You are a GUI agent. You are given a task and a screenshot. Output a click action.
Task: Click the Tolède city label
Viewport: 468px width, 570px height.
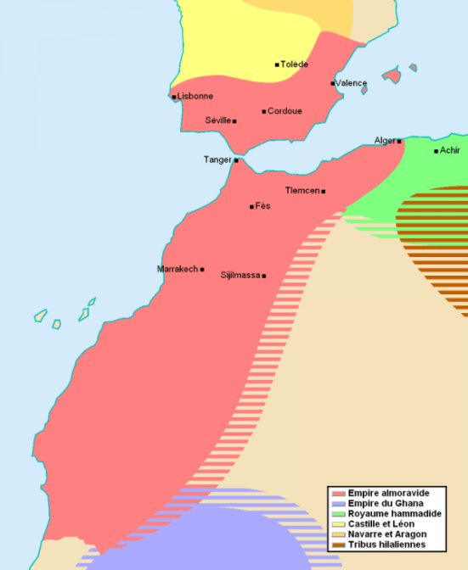coord(294,64)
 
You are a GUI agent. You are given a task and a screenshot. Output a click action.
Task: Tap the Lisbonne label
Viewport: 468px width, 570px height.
coord(195,97)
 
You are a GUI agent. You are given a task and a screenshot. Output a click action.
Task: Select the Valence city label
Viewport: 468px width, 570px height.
coord(351,83)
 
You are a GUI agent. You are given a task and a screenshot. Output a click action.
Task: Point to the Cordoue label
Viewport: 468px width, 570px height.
coord(285,111)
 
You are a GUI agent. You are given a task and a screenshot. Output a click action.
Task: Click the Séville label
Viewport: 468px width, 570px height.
coord(217,120)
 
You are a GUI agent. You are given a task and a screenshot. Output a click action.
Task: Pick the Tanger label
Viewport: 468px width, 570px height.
coord(217,159)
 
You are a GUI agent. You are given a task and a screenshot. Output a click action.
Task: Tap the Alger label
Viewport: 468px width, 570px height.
coord(385,141)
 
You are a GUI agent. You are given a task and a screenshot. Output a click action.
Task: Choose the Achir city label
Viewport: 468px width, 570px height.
coord(450,151)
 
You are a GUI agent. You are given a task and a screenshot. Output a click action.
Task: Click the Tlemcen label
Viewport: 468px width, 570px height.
coord(302,190)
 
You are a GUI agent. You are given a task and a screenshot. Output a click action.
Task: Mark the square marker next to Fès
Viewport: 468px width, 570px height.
coord(251,206)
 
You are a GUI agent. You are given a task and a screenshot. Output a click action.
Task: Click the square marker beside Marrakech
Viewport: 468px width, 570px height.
coord(202,270)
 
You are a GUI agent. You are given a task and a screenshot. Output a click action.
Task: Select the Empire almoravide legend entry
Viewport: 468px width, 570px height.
coord(382,493)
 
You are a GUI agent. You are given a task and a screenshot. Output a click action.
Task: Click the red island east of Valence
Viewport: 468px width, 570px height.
coord(392,75)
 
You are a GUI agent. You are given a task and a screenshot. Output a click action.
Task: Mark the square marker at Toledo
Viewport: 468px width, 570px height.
coord(277,64)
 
